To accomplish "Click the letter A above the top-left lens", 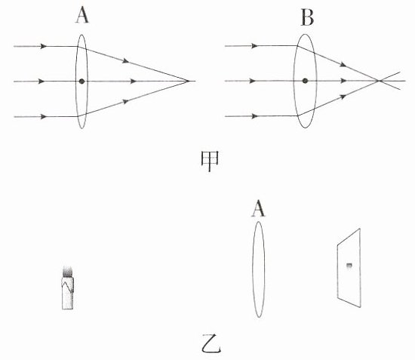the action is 82,15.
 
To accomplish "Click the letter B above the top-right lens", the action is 307,17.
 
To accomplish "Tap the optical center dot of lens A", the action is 81,82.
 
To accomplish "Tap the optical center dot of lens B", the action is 305,81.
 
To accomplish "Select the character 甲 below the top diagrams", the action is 210,162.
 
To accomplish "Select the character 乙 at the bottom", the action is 211,343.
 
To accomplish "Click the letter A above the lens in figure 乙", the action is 258,208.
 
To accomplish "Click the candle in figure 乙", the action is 67,288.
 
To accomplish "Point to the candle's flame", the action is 67,272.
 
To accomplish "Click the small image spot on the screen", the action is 349,266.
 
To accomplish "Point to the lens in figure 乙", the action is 258,269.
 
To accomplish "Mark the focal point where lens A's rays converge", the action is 189,81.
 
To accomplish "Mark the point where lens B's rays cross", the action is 379,81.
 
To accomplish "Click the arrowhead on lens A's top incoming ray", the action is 44,46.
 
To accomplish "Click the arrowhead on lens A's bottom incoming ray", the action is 44,116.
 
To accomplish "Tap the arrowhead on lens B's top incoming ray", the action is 254,46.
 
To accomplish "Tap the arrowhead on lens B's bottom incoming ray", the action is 254,116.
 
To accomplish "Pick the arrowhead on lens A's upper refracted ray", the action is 126,61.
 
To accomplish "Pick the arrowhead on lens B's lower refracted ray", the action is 343,97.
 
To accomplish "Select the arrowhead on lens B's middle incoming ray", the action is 253,81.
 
